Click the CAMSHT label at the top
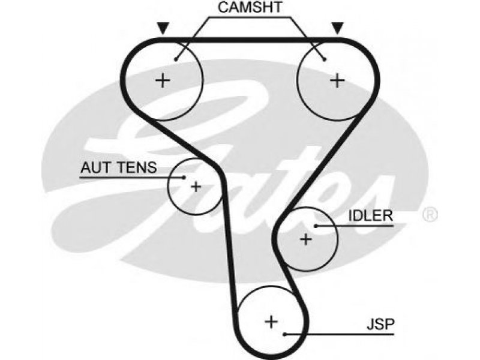coord(250,7)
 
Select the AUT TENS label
coord(119,167)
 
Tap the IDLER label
coord(371,216)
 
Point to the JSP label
coord(380,324)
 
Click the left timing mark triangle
coord(163,28)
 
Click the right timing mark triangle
coord(338,28)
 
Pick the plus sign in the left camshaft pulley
coord(163,81)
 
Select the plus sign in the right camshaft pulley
coord(337,81)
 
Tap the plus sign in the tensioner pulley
coord(196,187)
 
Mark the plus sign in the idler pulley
coord(306,239)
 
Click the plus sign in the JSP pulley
coord(271,322)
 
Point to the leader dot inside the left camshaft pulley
coord(176,59)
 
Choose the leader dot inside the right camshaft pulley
coord(325,59)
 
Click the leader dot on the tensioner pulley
coord(184,177)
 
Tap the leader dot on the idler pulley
coord(316,226)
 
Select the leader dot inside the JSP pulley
coord(285,334)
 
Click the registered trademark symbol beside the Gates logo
coord(430,215)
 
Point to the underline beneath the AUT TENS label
coord(132,177)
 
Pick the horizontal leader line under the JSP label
coord(340,334)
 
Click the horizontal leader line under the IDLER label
coord(355,226)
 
